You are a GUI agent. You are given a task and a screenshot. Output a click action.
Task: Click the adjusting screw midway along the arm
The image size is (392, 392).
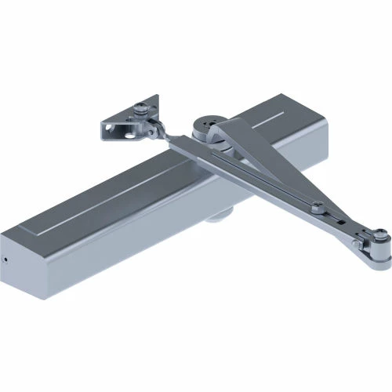[x=317, y=207]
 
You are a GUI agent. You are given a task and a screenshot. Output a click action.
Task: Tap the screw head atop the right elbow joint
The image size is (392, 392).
[x=379, y=233]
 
